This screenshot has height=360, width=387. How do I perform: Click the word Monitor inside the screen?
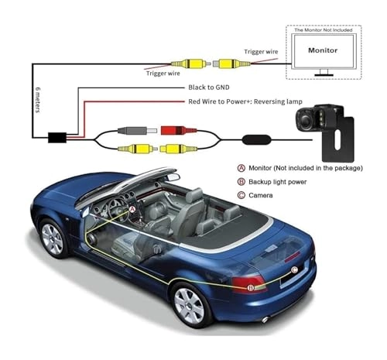pos(323,49)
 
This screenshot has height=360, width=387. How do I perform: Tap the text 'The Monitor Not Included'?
pos(322,30)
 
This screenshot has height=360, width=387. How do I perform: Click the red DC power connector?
pos(173,131)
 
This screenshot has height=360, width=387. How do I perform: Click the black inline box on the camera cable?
pos(253,141)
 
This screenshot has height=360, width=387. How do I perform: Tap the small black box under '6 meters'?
pos(57,139)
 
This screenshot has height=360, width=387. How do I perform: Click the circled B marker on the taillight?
pos(250,287)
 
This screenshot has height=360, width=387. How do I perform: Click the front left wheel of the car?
pos(53,238)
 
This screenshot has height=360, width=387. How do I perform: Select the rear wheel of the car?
pos(189,303)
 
